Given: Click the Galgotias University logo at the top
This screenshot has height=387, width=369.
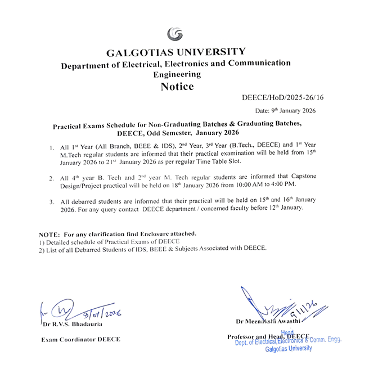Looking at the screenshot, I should coord(175,34).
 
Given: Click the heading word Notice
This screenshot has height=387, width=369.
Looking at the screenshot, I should coord(177,87).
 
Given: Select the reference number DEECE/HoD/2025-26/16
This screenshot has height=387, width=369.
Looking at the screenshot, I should coord(282,98).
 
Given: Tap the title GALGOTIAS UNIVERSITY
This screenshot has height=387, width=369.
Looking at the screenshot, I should coord(176,52).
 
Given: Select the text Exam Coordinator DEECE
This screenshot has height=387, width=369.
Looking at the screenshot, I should coord(80,339).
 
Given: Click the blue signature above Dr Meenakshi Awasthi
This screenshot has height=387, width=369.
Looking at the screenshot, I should coord(276,307).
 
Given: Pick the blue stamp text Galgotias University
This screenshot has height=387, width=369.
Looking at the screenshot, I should coord(289,349).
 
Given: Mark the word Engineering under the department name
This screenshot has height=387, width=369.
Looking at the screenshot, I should coord(177,74).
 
